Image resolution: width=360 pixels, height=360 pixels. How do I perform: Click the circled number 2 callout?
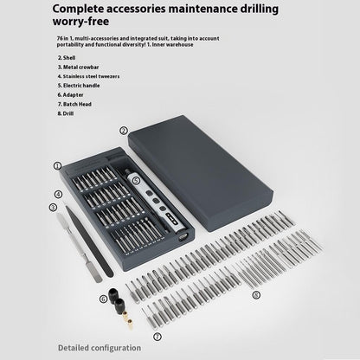124,131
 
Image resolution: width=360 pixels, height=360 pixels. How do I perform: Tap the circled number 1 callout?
57,166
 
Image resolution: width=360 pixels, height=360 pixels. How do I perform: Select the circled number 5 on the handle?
136,181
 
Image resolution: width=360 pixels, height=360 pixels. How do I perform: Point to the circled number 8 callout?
256,295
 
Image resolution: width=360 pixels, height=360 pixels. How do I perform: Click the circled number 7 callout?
157,337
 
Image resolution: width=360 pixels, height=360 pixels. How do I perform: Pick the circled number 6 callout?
104,299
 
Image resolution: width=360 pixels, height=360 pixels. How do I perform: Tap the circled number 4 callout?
59,195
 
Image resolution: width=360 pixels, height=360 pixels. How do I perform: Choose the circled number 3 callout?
53,208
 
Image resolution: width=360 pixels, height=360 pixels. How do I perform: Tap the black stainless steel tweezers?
89,241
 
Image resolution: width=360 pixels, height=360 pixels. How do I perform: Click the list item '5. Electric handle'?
79,86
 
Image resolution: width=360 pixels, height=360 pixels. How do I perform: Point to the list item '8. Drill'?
66,113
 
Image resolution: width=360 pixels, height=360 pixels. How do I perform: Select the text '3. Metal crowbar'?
78,67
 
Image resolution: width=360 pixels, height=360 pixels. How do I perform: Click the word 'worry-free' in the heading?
80,22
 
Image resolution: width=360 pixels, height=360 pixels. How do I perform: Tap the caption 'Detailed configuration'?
100,348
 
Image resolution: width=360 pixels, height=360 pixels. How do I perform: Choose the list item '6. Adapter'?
70,95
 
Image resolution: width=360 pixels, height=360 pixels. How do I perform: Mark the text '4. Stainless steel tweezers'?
88,76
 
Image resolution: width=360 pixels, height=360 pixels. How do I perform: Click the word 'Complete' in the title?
78,10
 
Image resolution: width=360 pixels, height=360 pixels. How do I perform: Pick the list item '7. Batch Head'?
74,104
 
